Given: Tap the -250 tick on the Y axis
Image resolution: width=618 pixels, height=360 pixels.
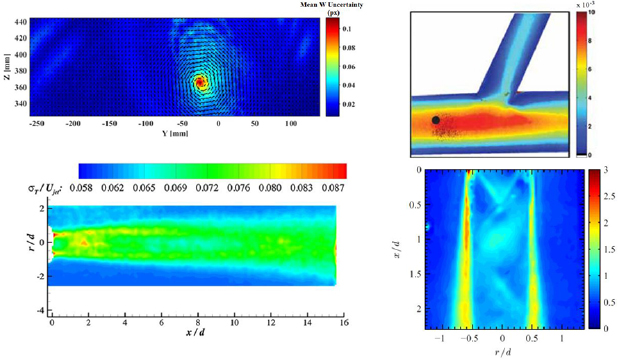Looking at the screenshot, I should point(38,124).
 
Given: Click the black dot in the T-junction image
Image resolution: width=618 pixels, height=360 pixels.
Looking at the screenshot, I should point(436,120).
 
